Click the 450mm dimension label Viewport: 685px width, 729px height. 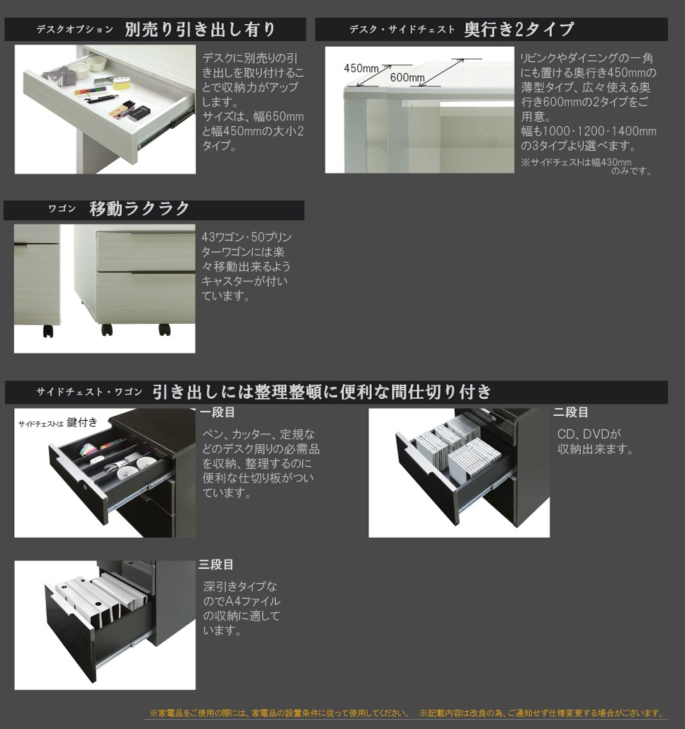pos(361,68)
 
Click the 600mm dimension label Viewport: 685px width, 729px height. pos(407,77)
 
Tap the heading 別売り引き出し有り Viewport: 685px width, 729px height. pos(200,30)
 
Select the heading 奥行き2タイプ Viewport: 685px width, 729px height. pos(519,30)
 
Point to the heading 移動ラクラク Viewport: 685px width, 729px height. pos(140,209)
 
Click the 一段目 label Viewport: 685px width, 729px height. pos(217,412)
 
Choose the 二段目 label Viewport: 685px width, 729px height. pos(571,412)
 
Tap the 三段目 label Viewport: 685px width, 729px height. pos(216,565)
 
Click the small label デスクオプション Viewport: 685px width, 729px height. pos(74,30)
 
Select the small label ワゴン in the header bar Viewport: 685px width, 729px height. pos(62,210)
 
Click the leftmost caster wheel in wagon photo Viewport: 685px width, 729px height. pos(48,330)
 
